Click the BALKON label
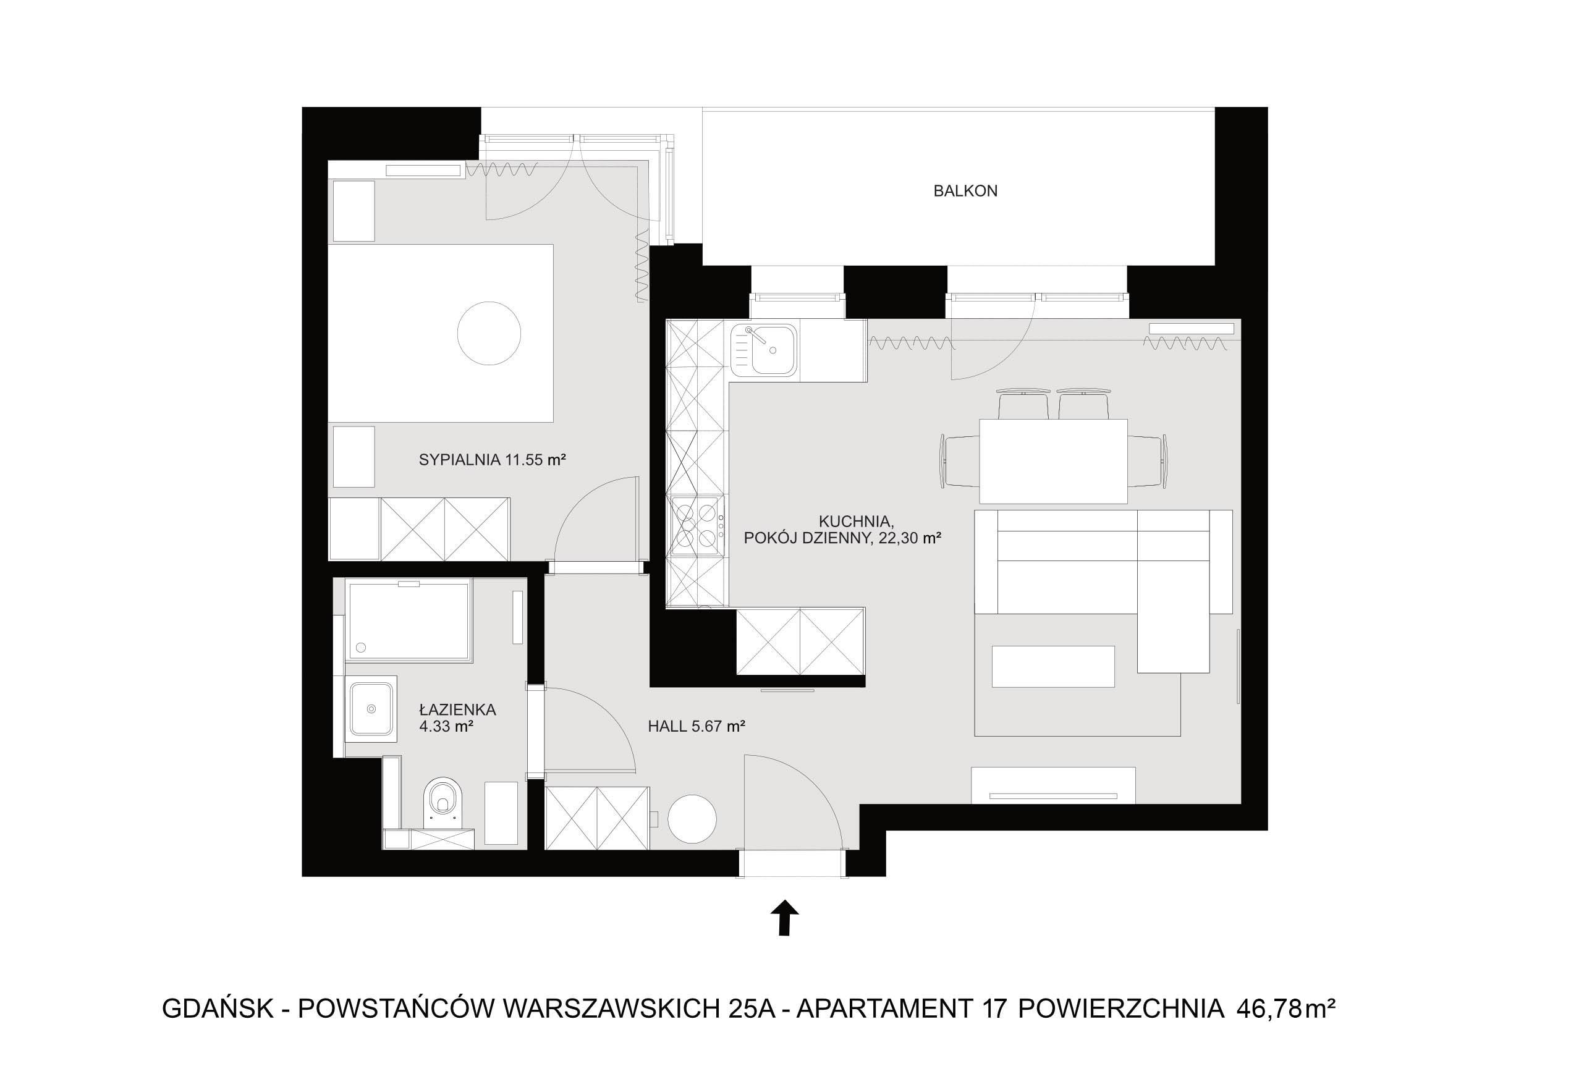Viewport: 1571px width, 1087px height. [965, 192]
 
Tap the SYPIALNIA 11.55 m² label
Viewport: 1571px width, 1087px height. [493, 460]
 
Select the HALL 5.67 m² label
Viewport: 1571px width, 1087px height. [696, 726]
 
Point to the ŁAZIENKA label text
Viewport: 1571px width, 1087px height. [457, 709]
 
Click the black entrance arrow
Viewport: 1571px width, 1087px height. [784, 918]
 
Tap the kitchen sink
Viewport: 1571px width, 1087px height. [763, 349]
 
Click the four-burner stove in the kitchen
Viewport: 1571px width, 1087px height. [697, 526]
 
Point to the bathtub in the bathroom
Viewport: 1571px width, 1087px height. [409, 620]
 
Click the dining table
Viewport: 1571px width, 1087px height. [1052, 461]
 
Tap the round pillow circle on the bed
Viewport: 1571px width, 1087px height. [489, 334]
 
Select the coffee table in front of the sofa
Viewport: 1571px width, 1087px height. [1052, 666]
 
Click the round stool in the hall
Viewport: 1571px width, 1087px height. [692, 819]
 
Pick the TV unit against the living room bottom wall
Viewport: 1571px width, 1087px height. [1052, 785]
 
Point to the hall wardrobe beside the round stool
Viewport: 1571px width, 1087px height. [597, 818]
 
